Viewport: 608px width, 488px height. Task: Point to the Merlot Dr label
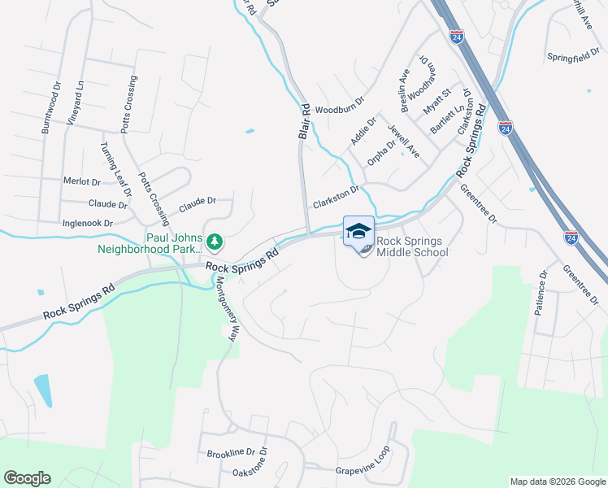tap(81, 182)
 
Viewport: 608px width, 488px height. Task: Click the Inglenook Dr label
tap(85, 222)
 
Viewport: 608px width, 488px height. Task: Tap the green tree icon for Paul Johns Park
tap(214, 241)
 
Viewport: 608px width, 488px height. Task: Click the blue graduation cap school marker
tap(358, 230)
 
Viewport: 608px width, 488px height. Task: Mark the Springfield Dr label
tap(573, 59)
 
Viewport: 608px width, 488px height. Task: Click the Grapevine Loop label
tap(363, 470)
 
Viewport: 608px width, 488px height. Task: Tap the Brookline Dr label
tap(231, 453)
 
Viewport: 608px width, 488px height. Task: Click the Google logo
tap(28, 478)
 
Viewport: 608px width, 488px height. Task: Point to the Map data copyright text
tap(557, 481)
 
